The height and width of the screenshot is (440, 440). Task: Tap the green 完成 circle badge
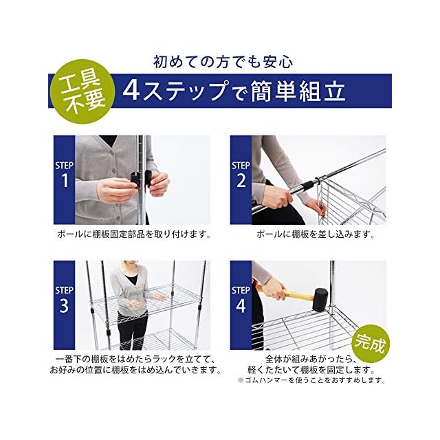click(371, 344)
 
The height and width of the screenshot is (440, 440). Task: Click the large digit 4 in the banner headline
click(131, 91)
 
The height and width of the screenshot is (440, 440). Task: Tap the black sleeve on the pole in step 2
click(308, 186)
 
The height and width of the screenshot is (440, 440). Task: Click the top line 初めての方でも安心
click(223, 62)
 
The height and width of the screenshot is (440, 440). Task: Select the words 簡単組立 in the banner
click(298, 91)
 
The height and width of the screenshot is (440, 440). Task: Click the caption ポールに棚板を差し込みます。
click(316, 234)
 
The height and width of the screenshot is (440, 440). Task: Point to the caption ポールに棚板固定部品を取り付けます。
click(134, 234)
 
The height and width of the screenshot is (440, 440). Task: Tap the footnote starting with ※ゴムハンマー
click(311, 380)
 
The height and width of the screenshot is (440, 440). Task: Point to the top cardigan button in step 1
click(112, 153)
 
